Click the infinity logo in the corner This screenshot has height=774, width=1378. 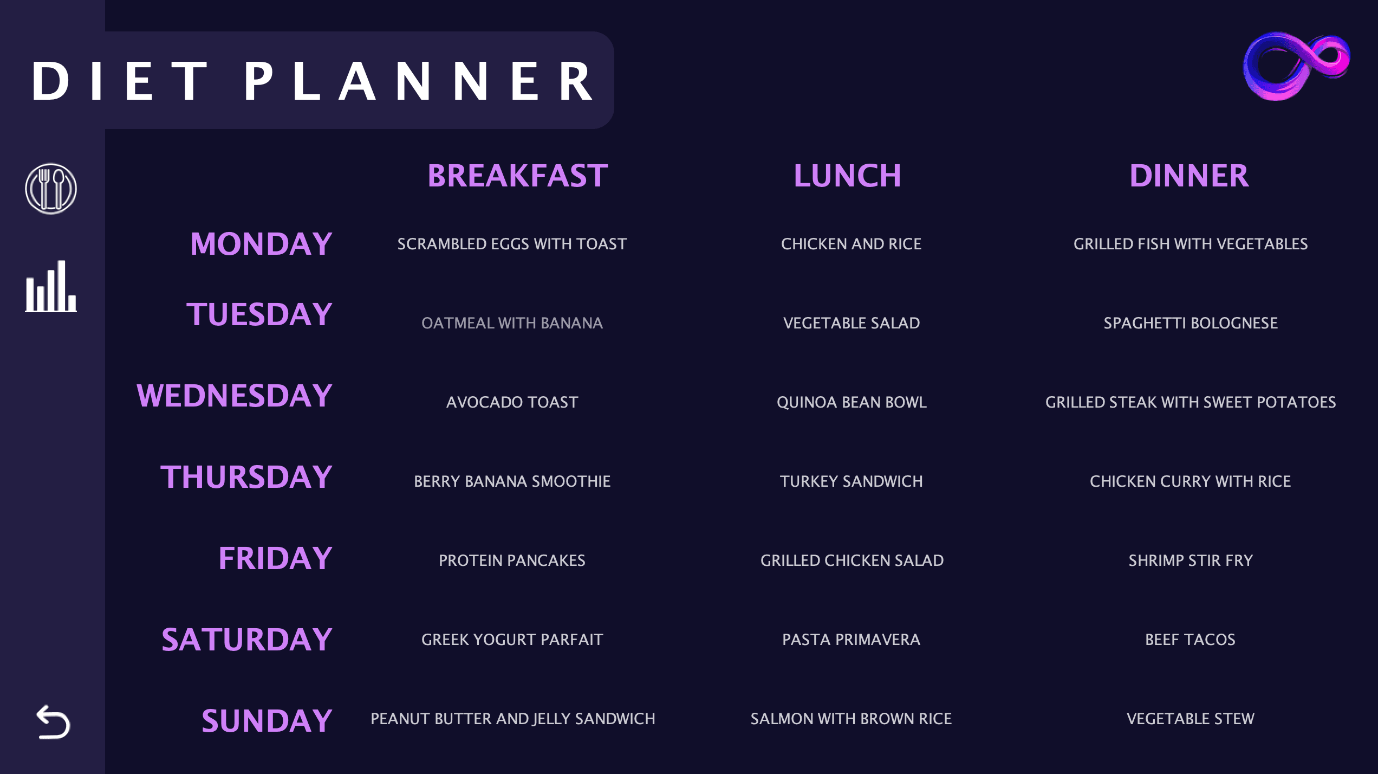1296,66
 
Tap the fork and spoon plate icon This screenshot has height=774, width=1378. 51,189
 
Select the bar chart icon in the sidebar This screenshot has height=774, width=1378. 51,287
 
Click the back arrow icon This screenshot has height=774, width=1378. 53,722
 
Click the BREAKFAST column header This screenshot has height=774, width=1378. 517,176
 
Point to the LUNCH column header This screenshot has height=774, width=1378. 847,176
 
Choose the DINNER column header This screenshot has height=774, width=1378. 1189,176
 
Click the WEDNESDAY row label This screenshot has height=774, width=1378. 234,396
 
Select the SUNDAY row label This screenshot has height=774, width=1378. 266,721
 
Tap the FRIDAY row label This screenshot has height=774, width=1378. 275,558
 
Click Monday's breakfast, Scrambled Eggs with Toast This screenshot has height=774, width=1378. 512,244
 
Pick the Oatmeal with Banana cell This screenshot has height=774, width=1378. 512,323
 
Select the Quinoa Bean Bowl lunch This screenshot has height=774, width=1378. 851,402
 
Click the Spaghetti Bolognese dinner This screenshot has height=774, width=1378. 1191,323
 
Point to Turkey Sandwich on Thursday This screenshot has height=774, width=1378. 851,481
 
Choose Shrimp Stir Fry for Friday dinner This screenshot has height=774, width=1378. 1191,560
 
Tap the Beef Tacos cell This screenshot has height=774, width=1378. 1191,640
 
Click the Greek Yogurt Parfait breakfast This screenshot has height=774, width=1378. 512,640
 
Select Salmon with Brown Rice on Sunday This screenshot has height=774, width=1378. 851,719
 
